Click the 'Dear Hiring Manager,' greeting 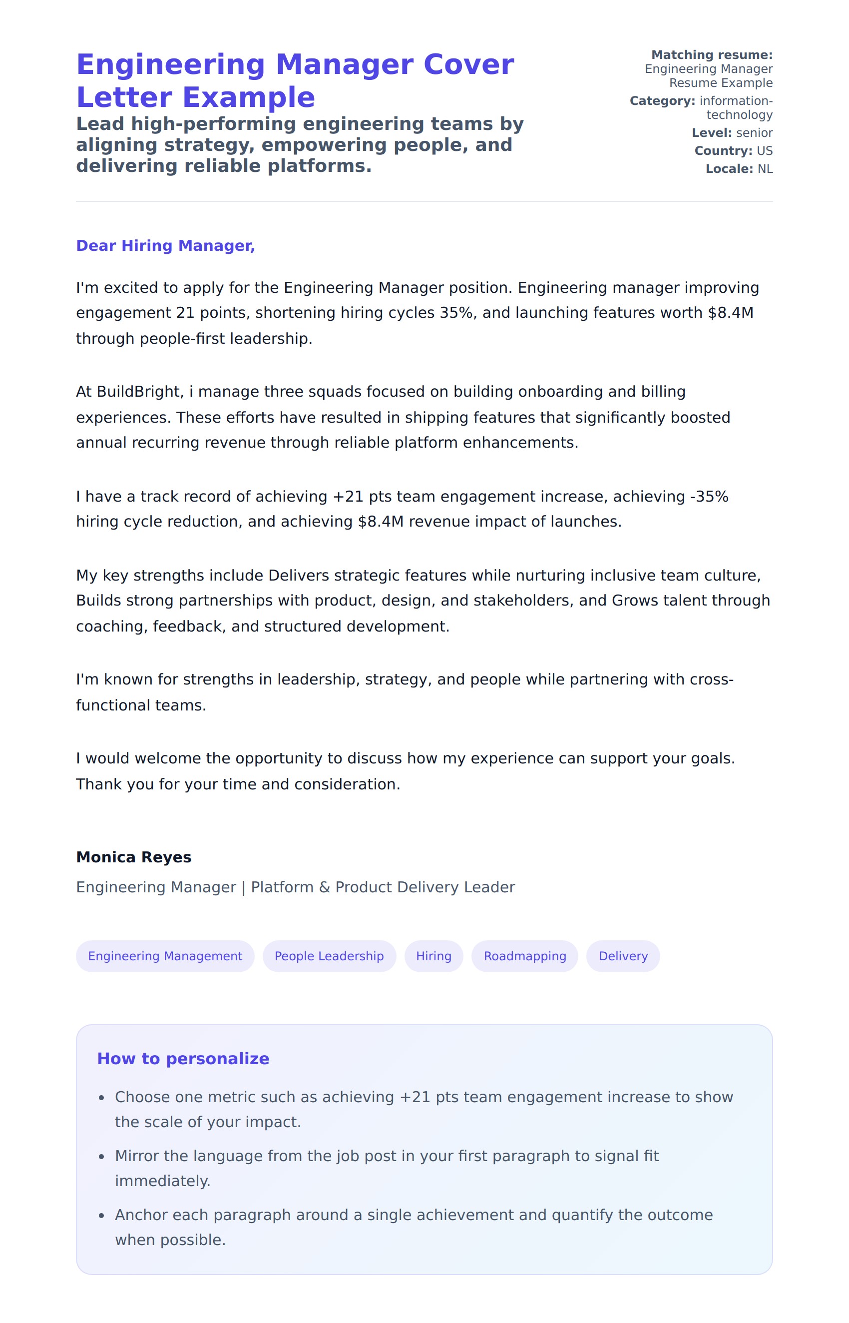pyautogui.click(x=165, y=245)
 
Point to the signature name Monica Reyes pyautogui.click(x=133, y=857)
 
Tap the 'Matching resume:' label pyautogui.click(x=712, y=55)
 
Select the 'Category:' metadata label pyautogui.click(x=662, y=101)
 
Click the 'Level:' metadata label pyautogui.click(x=712, y=133)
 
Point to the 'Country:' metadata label pyautogui.click(x=723, y=151)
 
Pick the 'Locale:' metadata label pyautogui.click(x=729, y=169)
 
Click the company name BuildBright pyautogui.click(x=138, y=392)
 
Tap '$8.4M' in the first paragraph pyautogui.click(x=731, y=313)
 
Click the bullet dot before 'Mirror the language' pyautogui.click(x=101, y=1157)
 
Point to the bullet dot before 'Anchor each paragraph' pyautogui.click(x=101, y=1216)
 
